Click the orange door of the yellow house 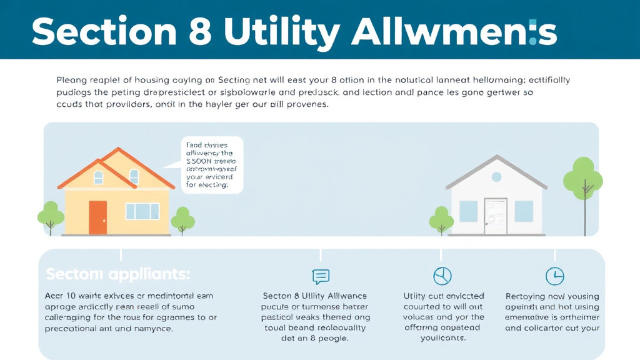[x=97, y=217]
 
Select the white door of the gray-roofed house [x=496, y=216]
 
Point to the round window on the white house [x=496, y=177]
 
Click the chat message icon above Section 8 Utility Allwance [x=320, y=276]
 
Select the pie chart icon [x=442, y=276]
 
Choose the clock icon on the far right [x=554, y=276]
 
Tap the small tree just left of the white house [x=441, y=219]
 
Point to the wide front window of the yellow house [x=142, y=211]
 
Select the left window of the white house [x=469, y=211]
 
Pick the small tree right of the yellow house [x=183, y=219]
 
